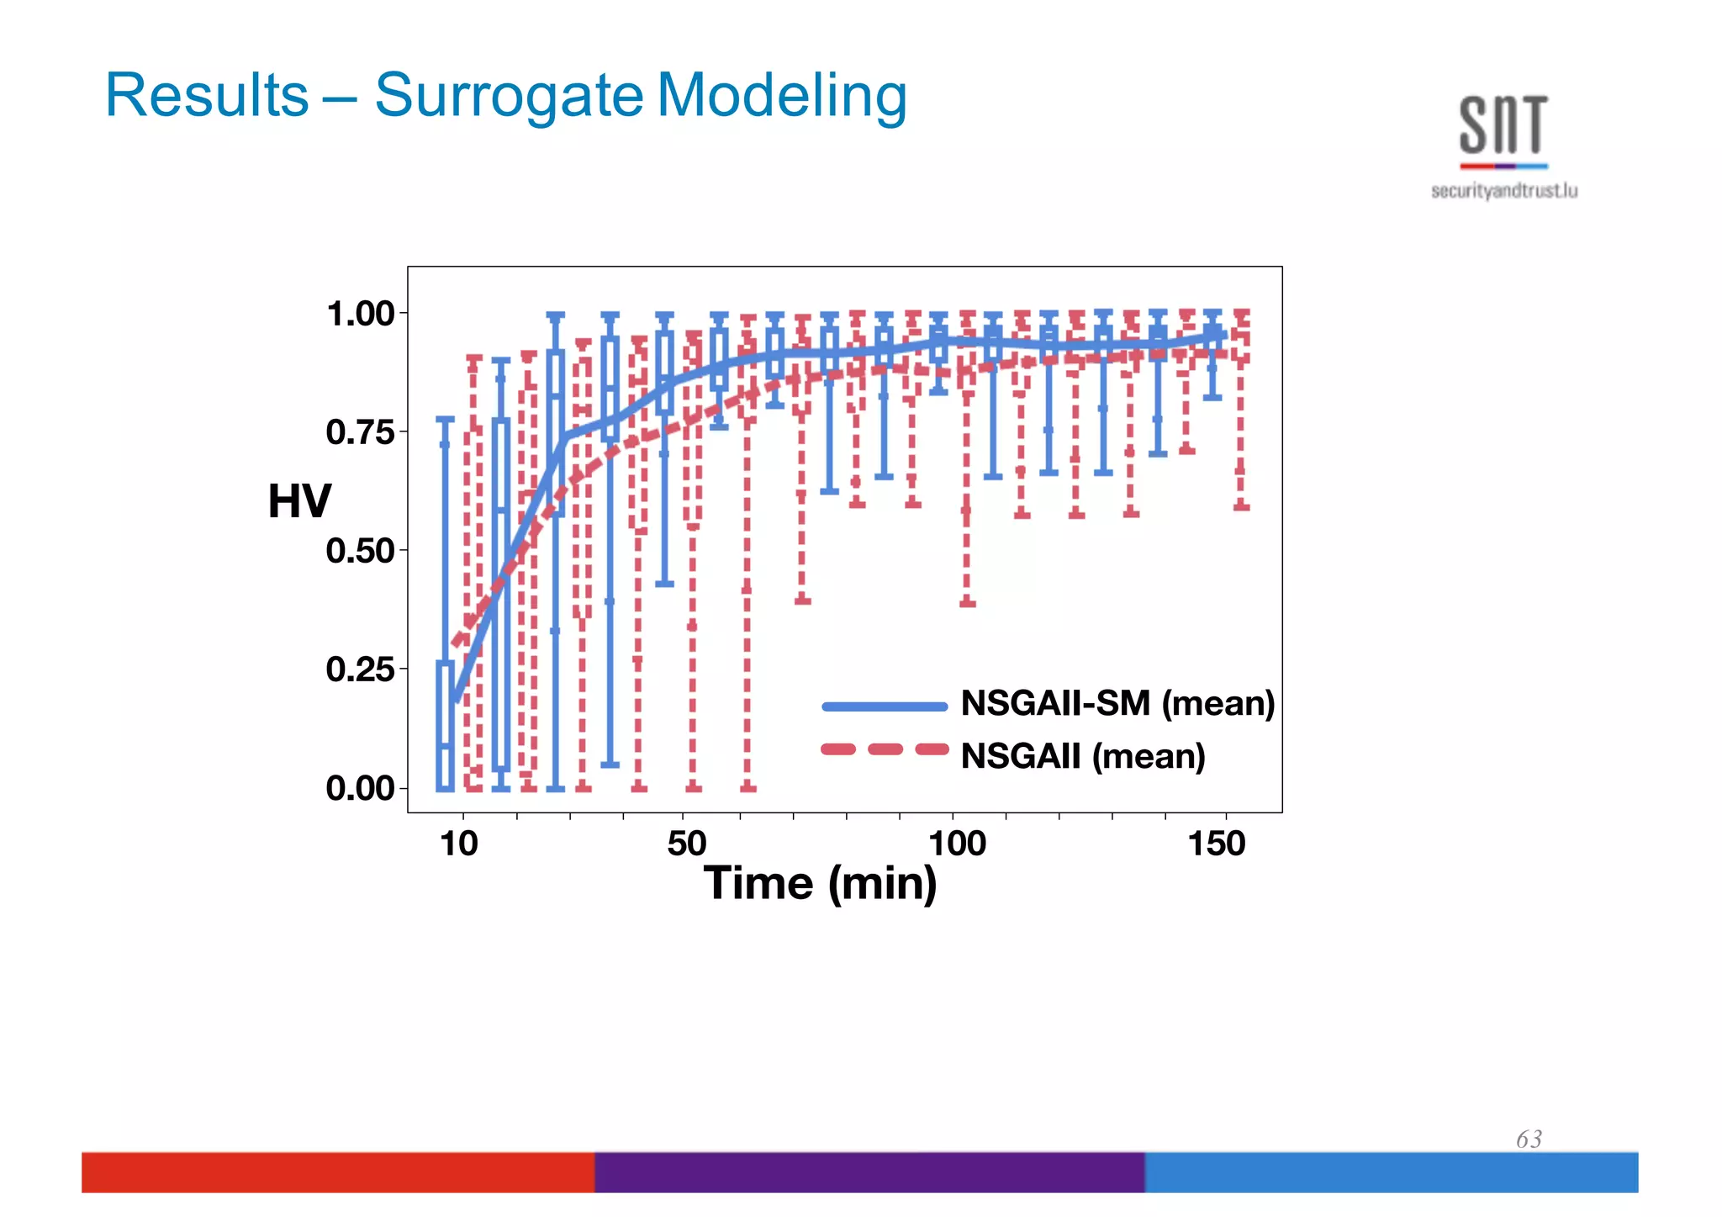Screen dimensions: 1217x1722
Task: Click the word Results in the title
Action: pyautogui.click(x=207, y=95)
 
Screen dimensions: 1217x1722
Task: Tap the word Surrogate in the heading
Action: pyautogui.click(x=509, y=97)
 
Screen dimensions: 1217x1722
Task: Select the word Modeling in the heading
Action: pyautogui.click(x=781, y=97)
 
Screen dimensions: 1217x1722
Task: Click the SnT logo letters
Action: pyautogui.click(x=1503, y=126)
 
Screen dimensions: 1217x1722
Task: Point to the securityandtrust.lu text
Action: pyautogui.click(x=1503, y=192)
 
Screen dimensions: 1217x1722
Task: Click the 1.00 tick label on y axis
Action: pyautogui.click(x=360, y=314)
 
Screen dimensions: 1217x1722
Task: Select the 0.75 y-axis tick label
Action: pyautogui.click(x=360, y=432)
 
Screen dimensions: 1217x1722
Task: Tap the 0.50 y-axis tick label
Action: pyautogui.click(x=360, y=551)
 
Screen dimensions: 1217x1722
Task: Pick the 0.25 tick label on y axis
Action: pyautogui.click(x=360, y=669)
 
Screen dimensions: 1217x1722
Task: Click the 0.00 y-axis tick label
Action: pyautogui.click(x=360, y=788)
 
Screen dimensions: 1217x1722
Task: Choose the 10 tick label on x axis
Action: pyautogui.click(x=459, y=844)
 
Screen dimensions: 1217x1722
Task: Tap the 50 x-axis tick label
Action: pyautogui.click(x=686, y=844)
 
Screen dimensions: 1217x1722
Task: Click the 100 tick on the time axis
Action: pyautogui.click(x=957, y=844)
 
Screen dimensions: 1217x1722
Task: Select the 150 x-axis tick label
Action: pyautogui.click(x=1216, y=844)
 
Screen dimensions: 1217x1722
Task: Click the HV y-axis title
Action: pyautogui.click(x=299, y=501)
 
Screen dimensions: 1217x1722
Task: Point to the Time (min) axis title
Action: pyautogui.click(x=820, y=884)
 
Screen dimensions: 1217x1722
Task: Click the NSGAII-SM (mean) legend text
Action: pyautogui.click(x=1117, y=703)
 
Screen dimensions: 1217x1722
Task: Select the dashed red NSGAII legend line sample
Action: pyautogui.click(x=885, y=749)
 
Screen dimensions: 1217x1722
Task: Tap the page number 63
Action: pyautogui.click(x=1529, y=1139)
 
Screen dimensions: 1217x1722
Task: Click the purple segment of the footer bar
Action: pyautogui.click(x=869, y=1172)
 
